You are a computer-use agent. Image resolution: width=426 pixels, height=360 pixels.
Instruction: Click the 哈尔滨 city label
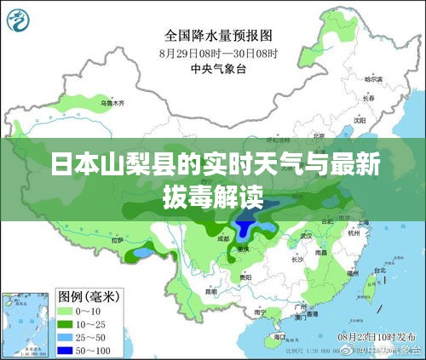[374, 79]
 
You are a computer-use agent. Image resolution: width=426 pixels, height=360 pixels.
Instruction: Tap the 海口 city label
[279, 337]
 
